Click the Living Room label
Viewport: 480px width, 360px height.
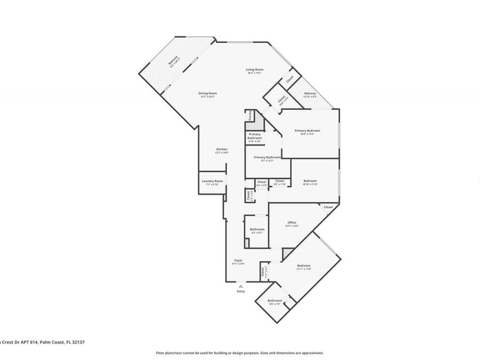point(254,69)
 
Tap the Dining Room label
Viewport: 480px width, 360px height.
point(209,93)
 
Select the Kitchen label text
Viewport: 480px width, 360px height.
point(222,149)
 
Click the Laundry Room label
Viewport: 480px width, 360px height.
point(212,181)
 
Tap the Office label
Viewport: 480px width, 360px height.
point(292,222)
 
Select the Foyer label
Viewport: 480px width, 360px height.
point(238,260)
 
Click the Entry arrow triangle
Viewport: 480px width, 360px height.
point(241,286)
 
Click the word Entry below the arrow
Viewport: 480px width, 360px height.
point(241,291)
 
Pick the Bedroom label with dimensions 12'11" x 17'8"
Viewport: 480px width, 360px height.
point(303,266)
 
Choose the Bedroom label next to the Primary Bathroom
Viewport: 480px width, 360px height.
point(310,181)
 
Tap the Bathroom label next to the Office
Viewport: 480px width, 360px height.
point(257,229)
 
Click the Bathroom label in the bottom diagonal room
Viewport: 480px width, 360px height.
point(275,300)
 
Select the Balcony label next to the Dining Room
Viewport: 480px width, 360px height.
point(173,62)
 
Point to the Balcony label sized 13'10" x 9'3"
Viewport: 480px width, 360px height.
point(310,94)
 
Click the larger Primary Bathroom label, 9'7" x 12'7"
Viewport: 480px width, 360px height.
point(267,157)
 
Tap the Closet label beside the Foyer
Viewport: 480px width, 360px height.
point(263,272)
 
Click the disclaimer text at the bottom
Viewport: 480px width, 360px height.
point(239,353)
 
